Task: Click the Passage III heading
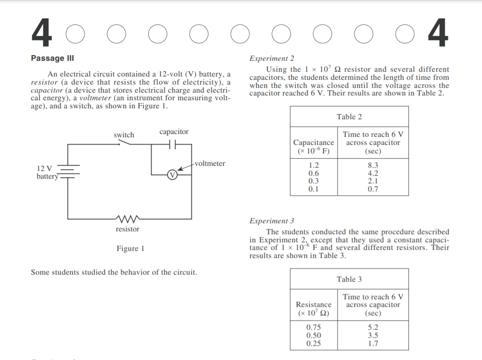point(52,58)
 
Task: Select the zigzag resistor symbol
point(127,219)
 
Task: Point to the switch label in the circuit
point(123,135)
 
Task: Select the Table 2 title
point(349,116)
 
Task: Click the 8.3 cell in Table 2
point(373,166)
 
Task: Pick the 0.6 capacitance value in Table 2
point(313,173)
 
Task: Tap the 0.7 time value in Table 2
point(373,189)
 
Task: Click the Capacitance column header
point(313,147)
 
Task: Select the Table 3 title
point(349,279)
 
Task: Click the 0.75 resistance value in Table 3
point(313,328)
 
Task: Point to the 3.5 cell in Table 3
point(373,335)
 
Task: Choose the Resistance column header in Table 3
point(313,309)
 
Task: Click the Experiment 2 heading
point(272,58)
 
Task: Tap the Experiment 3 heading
point(272,221)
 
